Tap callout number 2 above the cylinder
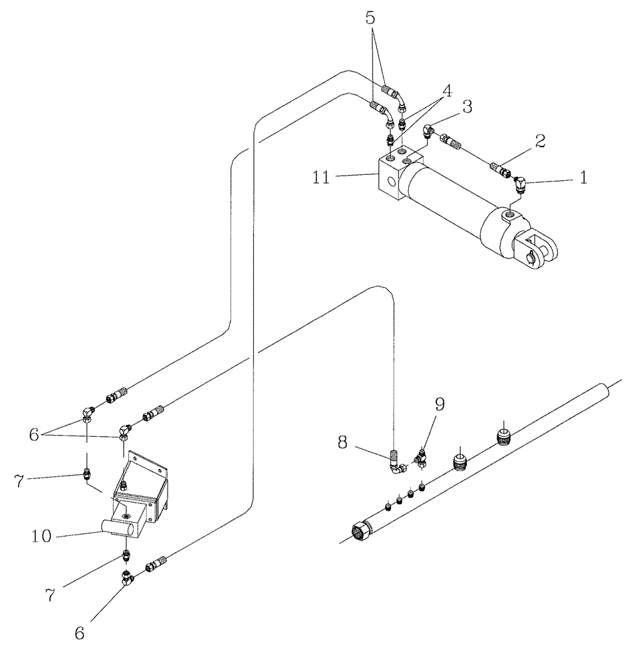(541, 140)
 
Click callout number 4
(448, 91)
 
